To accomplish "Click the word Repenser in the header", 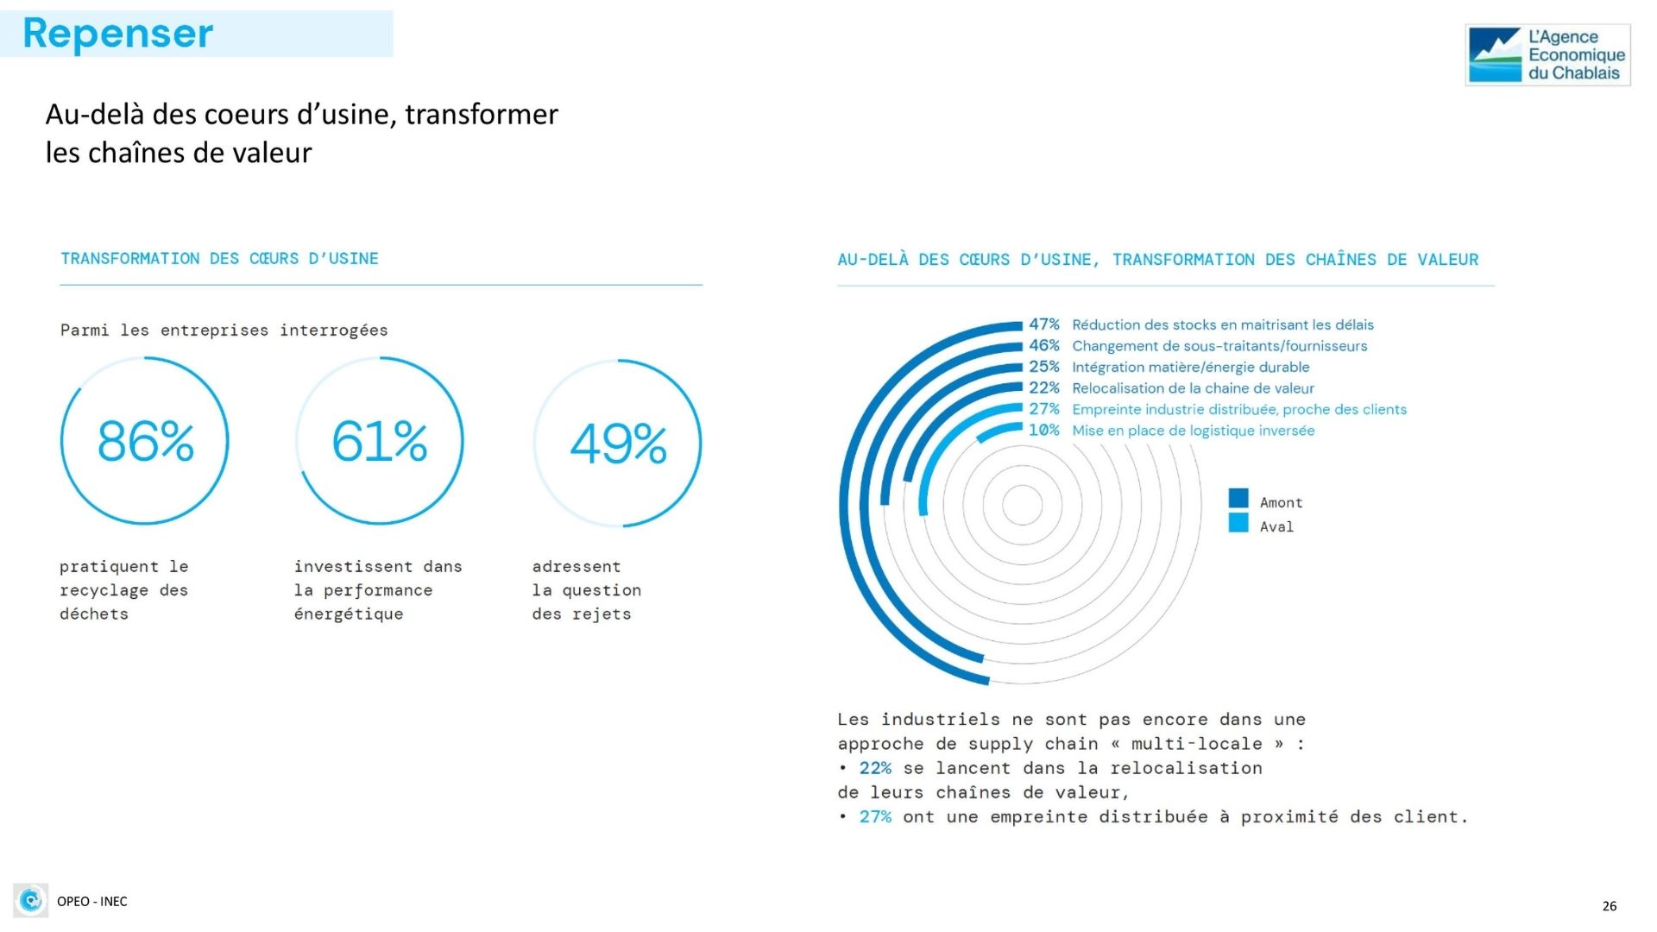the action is pyautogui.click(x=117, y=34).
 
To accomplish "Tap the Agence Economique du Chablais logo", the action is pyautogui.click(x=1547, y=54).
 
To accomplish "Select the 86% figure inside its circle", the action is pyautogui.click(x=145, y=441).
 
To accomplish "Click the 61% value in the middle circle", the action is pyautogui.click(x=380, y=441).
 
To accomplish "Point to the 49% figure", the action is pyautogui.click(x=618, y=444).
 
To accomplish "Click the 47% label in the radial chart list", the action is pyautogui.click(x=1043, y=324).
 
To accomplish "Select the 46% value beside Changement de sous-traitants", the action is pyautogui.click(x=1043, y=345).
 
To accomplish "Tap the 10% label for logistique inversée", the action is pyautogui.click(x=1043, y=430).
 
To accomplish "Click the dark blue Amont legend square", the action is pyautogui.click(x=1238, y=498).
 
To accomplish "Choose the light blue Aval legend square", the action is pyautogui.click(x=1238, y=523).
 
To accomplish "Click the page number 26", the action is pyautogui.click(x=1610, y=905).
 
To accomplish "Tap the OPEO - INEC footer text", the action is pyautogui.click(x=92, y=901).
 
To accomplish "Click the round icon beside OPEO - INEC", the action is pyautogui.click(x=31, y=900).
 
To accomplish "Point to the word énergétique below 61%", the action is pyautogui.click(x=349, y=614).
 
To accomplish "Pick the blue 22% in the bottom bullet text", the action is pyautogui.click(x=875, y=768).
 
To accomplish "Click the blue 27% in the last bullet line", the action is pyautogui.click(x=875, y=816).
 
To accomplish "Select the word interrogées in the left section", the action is pyautogui.click(x=334, y=331).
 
